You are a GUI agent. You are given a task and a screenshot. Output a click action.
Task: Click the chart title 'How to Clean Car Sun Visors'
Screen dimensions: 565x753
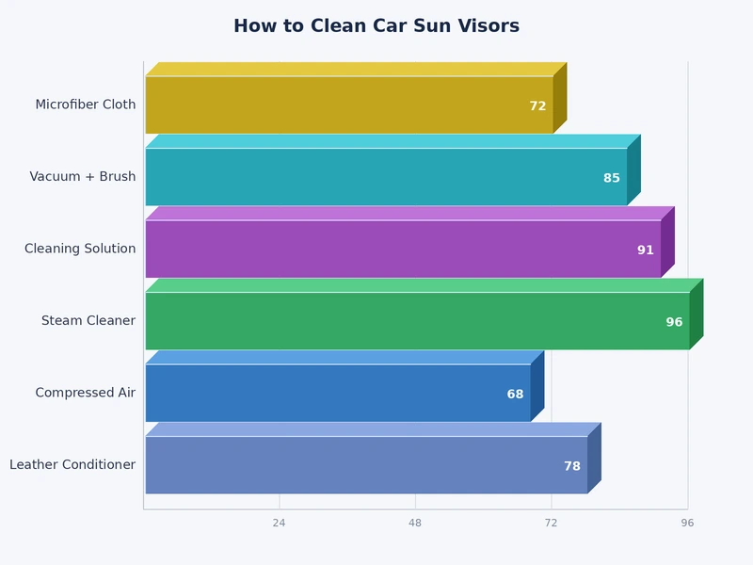[x=376, y=26]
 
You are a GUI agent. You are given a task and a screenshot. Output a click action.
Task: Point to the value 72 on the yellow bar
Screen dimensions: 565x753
[x=537, y=106]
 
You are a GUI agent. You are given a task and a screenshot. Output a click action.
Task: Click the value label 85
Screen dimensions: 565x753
[x=612, y=178]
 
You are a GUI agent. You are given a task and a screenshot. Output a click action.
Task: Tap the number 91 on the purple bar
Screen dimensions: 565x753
[x=645, y=250]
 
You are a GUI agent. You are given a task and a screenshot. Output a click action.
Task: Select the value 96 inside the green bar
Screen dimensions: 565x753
[x=674, y=322]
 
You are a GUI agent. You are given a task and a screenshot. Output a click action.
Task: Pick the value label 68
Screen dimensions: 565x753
[x=515, y=395]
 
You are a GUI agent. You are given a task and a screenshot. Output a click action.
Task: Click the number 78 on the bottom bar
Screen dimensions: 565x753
[x=572, y=466]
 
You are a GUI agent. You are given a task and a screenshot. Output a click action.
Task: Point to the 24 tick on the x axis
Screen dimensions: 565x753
[x=279, y=523]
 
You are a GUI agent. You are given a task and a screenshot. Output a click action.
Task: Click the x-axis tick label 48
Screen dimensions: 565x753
[x=415, y=523]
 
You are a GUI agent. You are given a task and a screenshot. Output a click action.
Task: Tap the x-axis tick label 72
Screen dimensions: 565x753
[x=551, y=523]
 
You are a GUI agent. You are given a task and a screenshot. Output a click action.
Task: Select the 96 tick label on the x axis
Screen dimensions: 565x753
[x=687, y=523]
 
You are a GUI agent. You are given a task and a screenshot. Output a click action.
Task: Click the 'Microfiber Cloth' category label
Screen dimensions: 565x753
[x=86, y=105]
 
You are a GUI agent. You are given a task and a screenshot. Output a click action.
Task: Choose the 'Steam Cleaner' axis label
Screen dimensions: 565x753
[x=88, y=321]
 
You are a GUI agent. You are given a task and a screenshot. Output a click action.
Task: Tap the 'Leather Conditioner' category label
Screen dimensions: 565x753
[x=72, y=465]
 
